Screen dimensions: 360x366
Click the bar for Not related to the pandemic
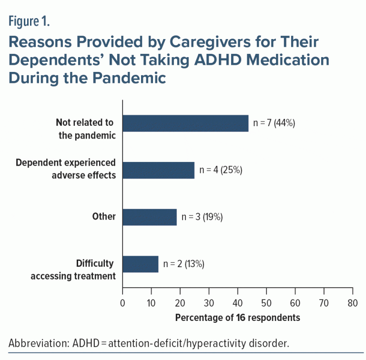[x=185, y=123]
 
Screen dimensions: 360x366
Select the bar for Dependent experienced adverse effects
[x=158, y=170]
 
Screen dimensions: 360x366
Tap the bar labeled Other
[x=150, y=217]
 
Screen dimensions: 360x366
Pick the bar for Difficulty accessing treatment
[x=140, y=264]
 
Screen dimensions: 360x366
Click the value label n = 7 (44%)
[x=274, y=123]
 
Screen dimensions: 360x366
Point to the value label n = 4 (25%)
[x=221, y=170]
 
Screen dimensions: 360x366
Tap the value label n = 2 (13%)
[x=184, y=264]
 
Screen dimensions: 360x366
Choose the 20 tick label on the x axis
[x=180, y=303]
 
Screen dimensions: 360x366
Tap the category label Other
[x=104, y=217]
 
